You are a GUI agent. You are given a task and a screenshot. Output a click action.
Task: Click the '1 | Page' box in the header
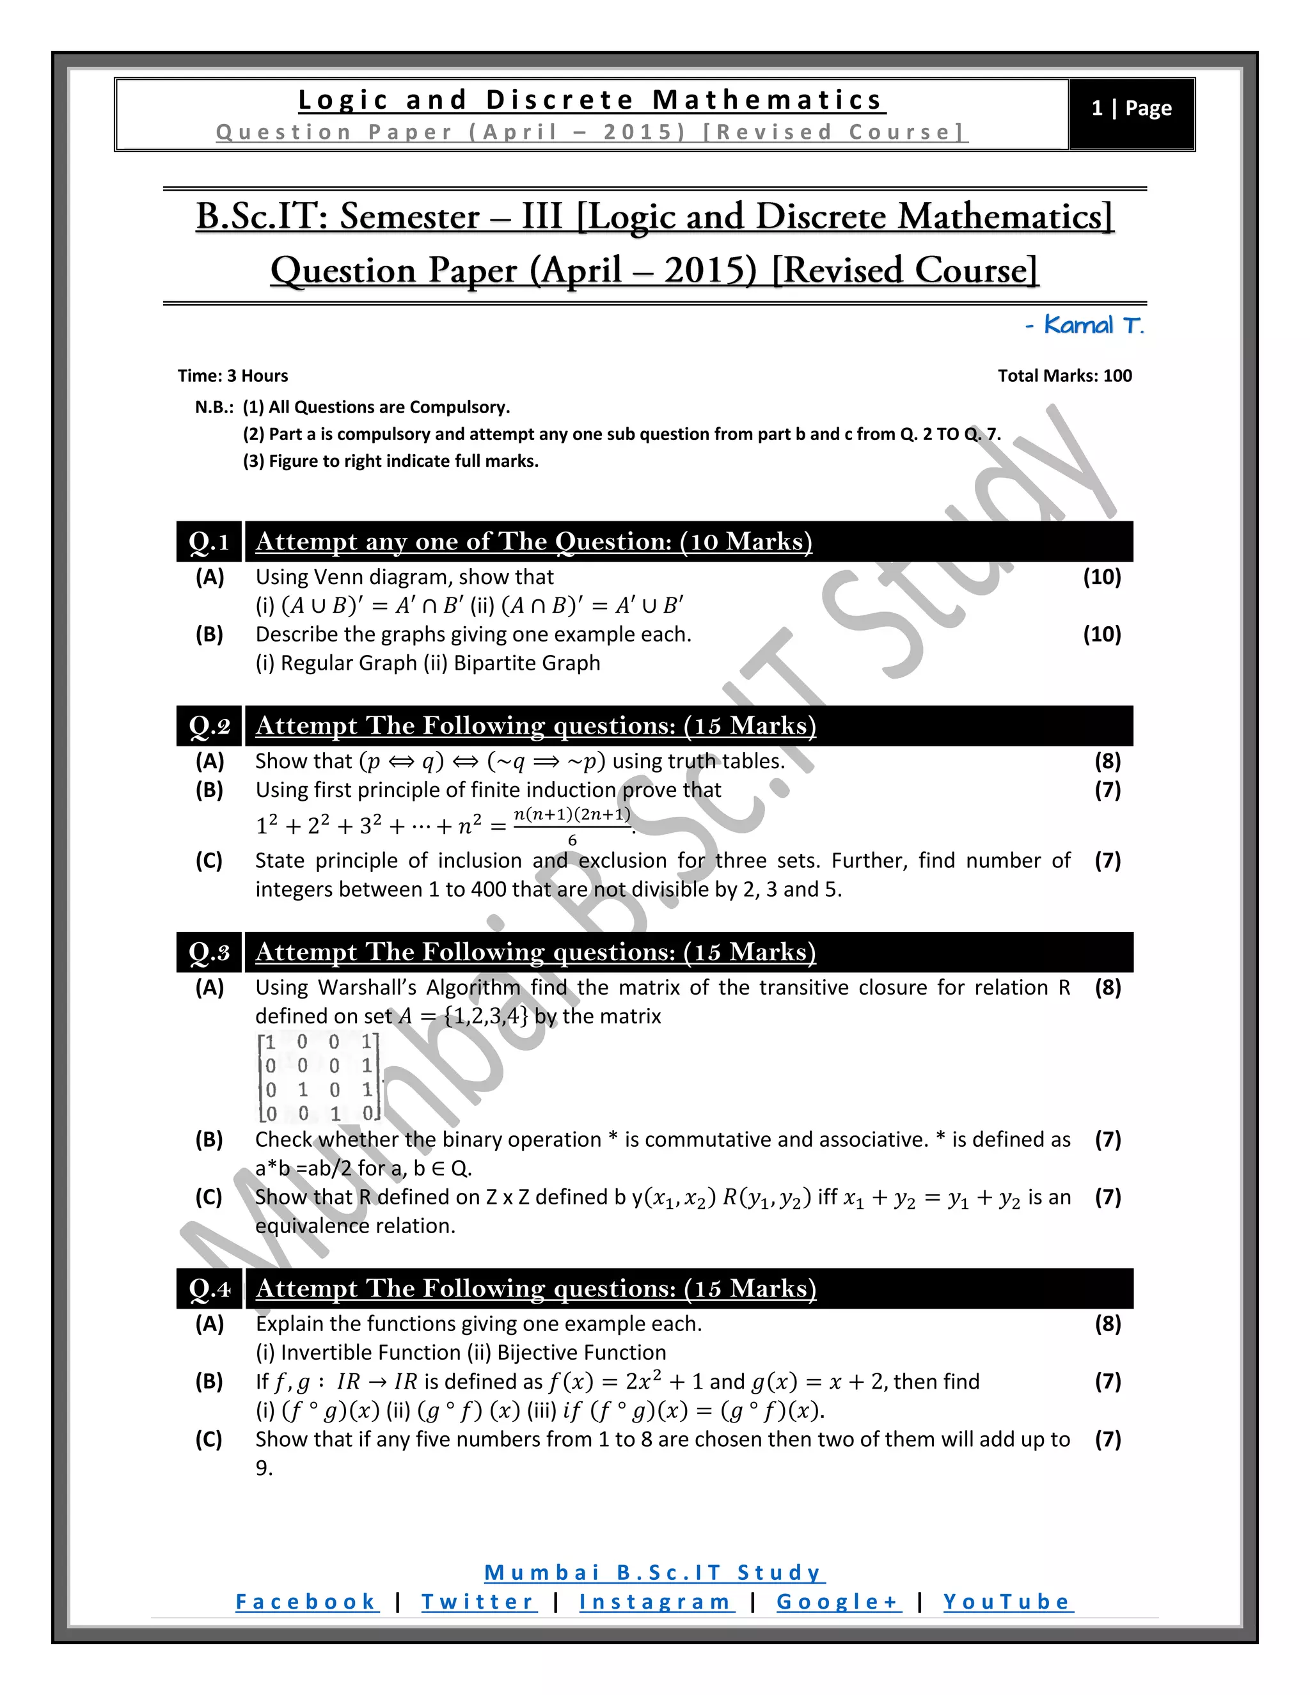coord(1131,109)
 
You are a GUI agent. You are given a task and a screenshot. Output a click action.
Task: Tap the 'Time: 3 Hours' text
coord(233,376)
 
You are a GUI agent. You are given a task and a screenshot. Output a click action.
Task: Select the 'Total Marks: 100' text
coord(1064,376)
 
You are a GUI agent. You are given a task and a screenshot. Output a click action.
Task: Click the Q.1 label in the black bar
coord(209,542)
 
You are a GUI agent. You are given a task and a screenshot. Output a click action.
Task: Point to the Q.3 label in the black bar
coord(209,952)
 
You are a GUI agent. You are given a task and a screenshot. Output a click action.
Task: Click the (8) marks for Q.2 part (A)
coord(1107,761)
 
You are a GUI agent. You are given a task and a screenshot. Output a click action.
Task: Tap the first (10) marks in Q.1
coord(1101,578)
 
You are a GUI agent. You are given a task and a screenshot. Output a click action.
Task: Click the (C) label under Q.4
coord(209,1440)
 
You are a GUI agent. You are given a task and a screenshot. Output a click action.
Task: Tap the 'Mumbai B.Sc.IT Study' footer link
coord(654,1573)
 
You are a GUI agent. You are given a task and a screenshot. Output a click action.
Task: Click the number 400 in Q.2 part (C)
coord(489,890)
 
